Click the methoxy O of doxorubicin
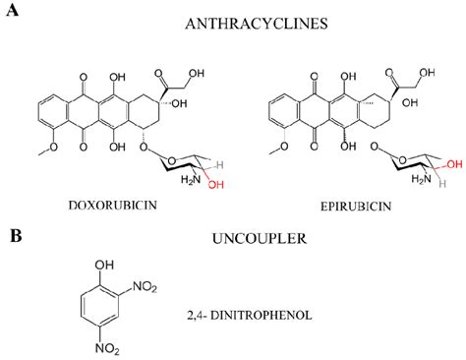click(29, 151)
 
